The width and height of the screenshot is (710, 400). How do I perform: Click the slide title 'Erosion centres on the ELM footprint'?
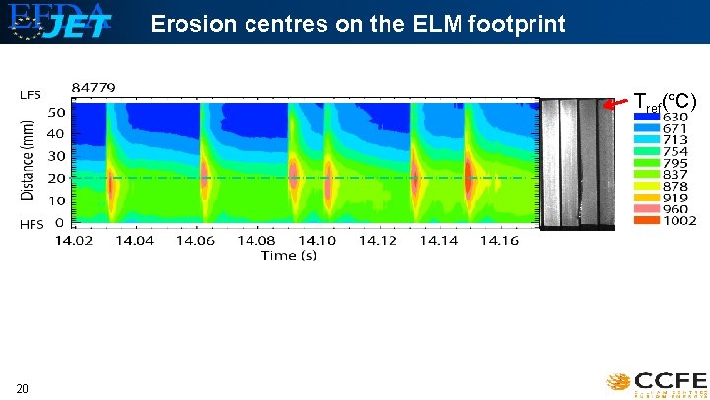pos(358,23)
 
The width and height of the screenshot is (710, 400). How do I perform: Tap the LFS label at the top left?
pos(31,95)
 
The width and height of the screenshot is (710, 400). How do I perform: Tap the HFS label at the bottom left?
pos(31,224)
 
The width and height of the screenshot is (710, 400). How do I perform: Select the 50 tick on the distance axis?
pos(56,112)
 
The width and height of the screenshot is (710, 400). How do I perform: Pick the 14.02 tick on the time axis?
pos(75,240)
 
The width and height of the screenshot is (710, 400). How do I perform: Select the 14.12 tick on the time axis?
pos(380,240)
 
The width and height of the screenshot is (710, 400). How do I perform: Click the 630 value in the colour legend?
pos(675,117)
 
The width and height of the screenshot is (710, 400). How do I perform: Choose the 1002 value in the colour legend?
pos(678,220)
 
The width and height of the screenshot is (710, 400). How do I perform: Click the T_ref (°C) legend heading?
pos(665,101)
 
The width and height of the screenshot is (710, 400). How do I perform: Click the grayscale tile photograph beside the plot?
pos(578,163)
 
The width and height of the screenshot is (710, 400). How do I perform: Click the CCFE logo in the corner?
pos(657,381)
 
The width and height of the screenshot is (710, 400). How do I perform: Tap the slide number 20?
pos(21,388)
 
